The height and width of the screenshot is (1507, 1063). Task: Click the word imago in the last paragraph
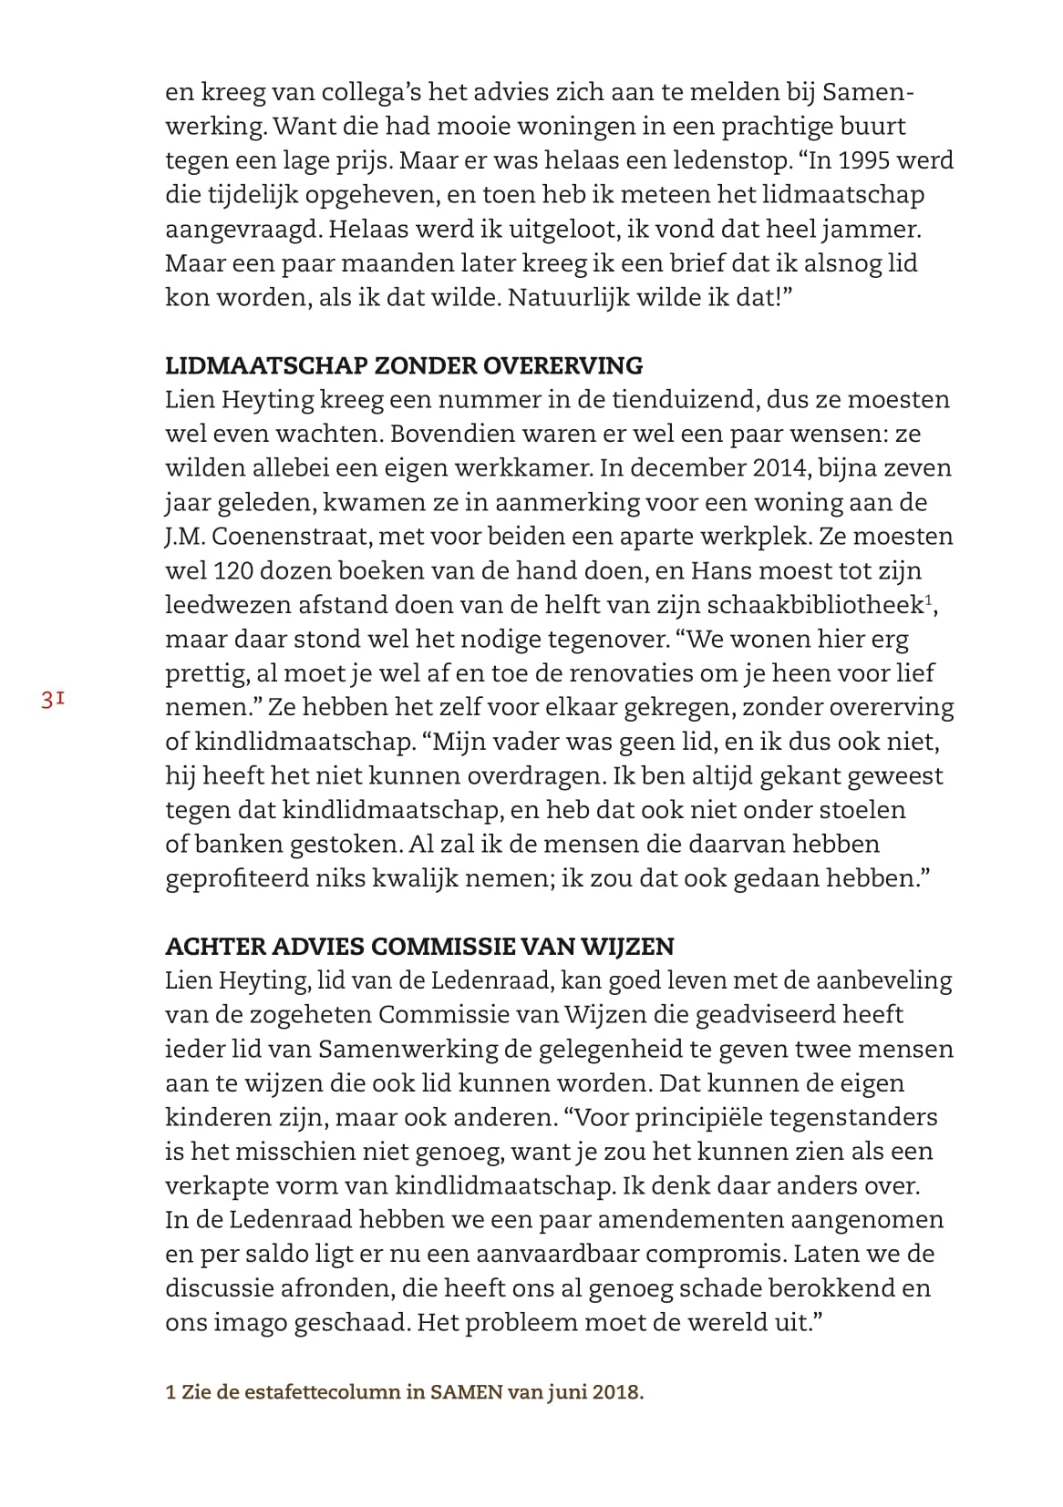248,1323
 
